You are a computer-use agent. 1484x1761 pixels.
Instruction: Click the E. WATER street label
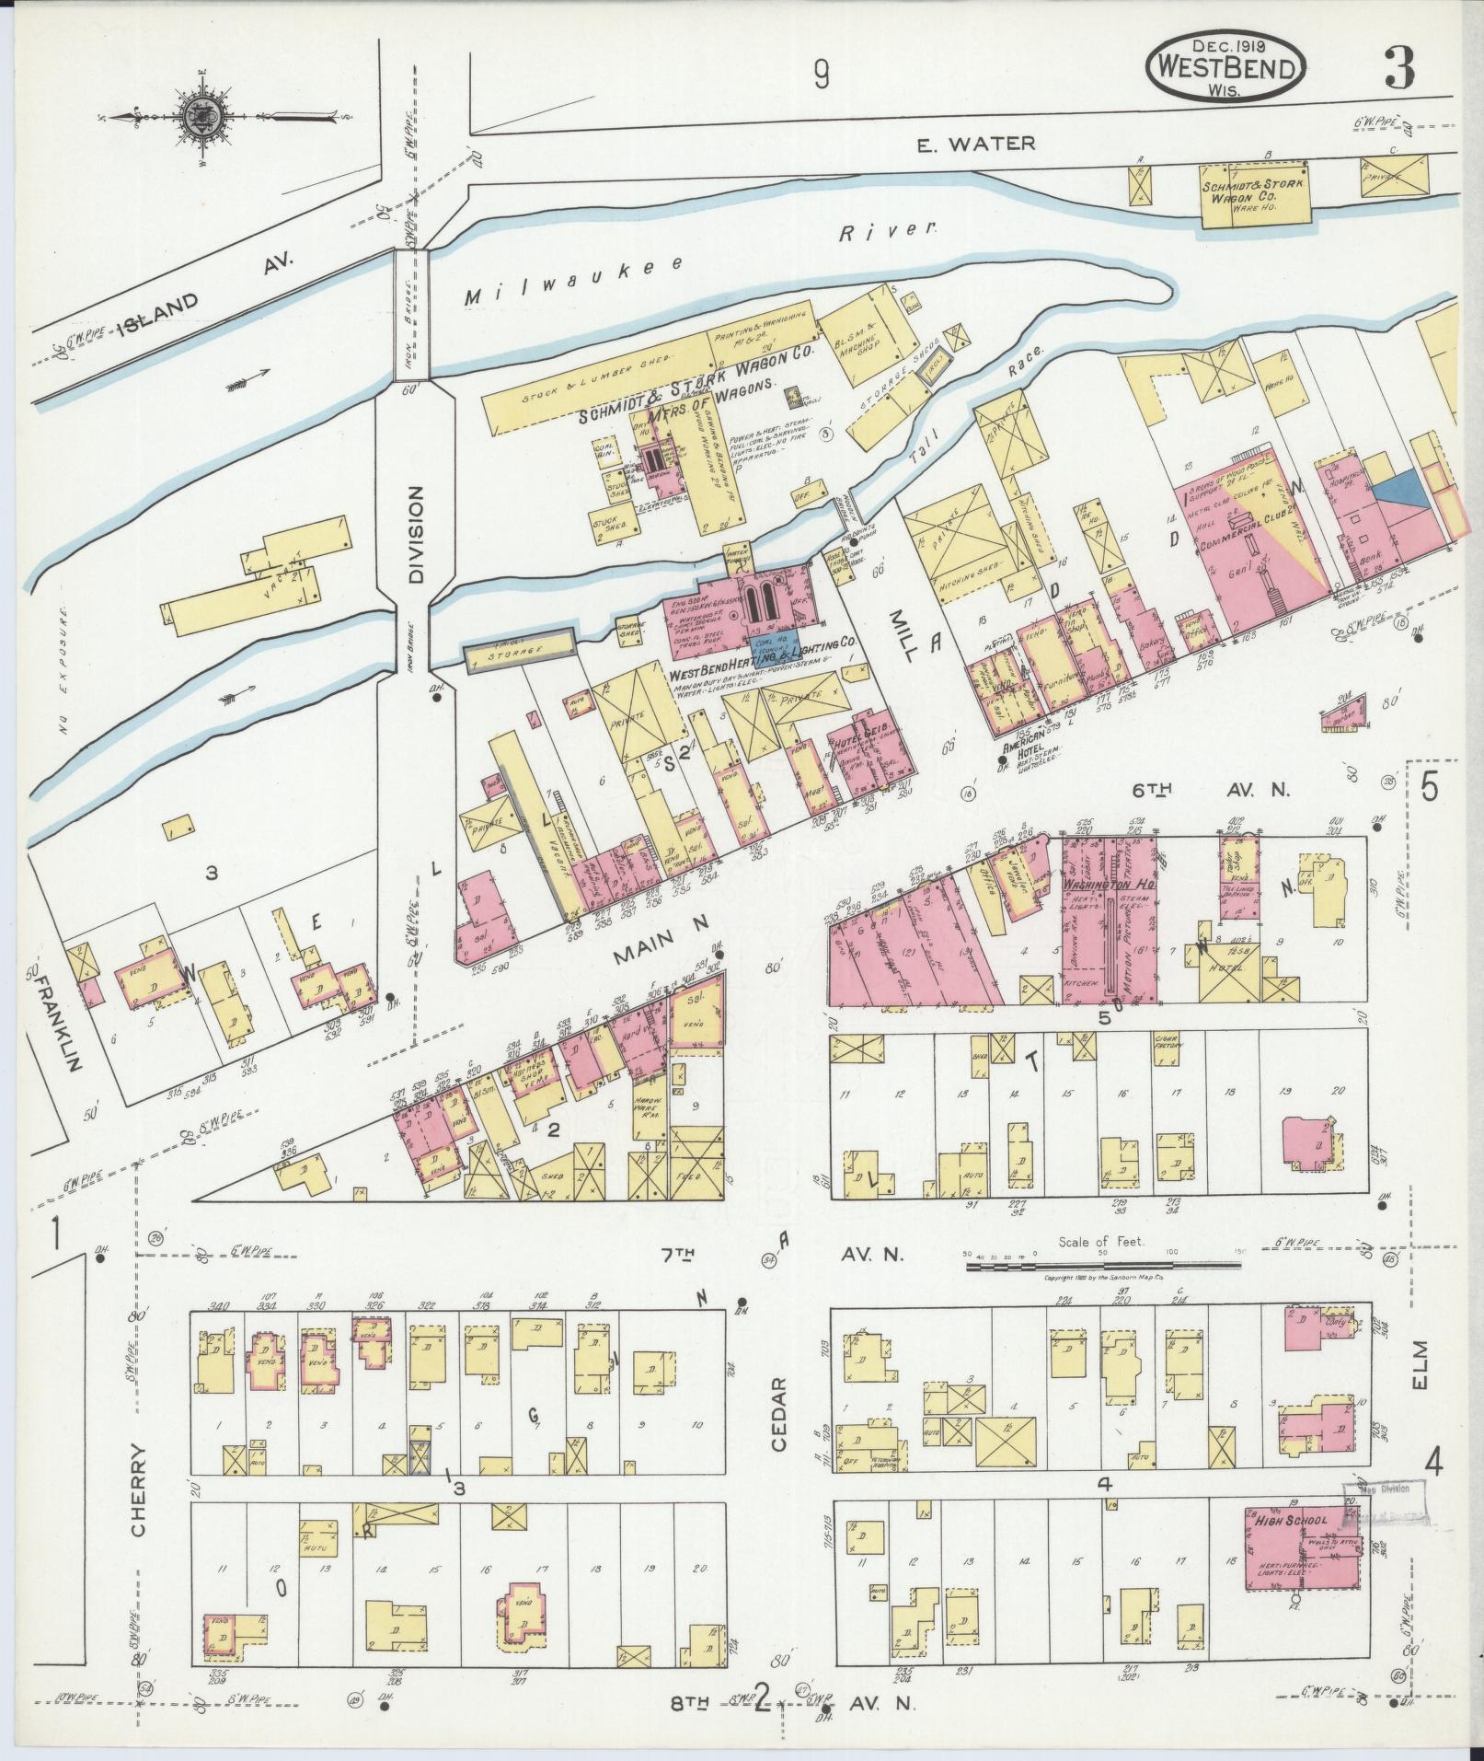tap(977, 143)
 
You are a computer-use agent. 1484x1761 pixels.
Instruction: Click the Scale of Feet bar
tap(1103, 1268)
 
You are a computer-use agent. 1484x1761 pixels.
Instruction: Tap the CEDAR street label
tap(779, 1403)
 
